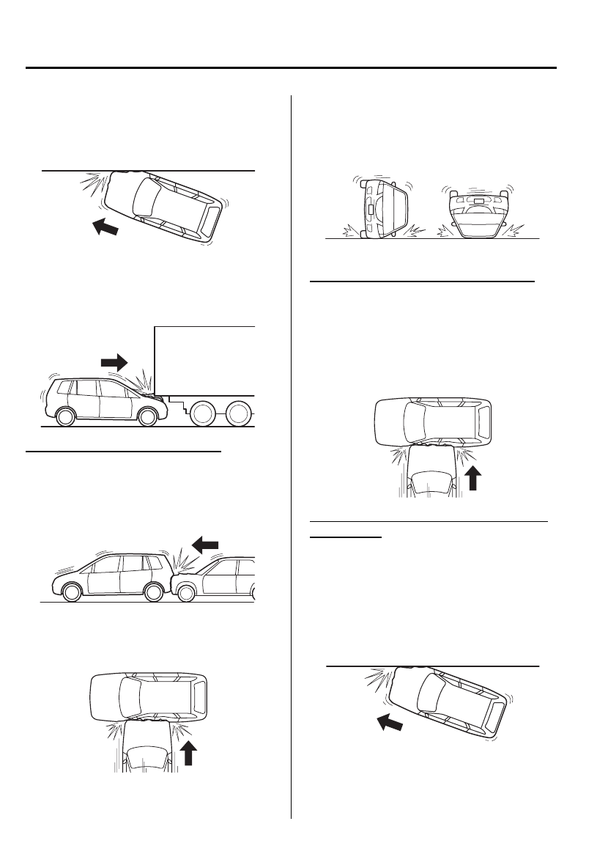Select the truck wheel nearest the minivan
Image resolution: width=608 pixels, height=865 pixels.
pyautogui.click(x=201, y=416)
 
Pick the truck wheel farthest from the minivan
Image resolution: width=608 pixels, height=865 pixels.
pyautogui.click(x=239, y=416)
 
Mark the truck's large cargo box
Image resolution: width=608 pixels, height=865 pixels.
pyautogui.click(x=205, y=359)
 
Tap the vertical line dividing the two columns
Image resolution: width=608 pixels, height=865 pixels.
pyautogui.click(x=292, y=454)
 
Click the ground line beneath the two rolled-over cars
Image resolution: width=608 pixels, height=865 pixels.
pyautogui.click(x=432, y=239)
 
